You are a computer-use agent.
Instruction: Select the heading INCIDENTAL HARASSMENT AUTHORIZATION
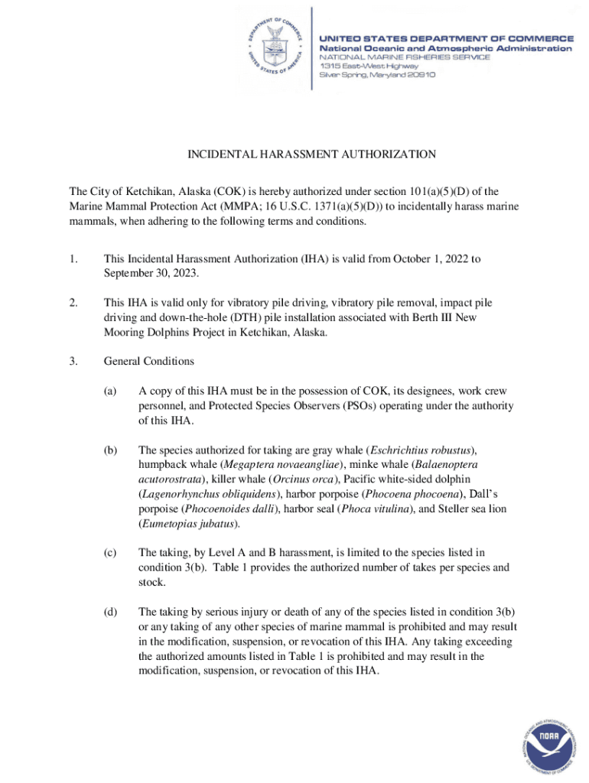[x=312, y=154]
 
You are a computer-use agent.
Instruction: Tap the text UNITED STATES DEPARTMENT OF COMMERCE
[x=446, y=37]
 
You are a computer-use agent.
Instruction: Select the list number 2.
[x=73, y=304]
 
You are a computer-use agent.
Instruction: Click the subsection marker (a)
[x=111, y=391]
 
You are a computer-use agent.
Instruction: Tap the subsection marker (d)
[x=111, y=612]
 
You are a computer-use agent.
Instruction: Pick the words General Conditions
[x=149, y=362]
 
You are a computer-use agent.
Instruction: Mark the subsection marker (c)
[x=111, y=553]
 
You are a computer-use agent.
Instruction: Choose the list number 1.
[x=73, y=259]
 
